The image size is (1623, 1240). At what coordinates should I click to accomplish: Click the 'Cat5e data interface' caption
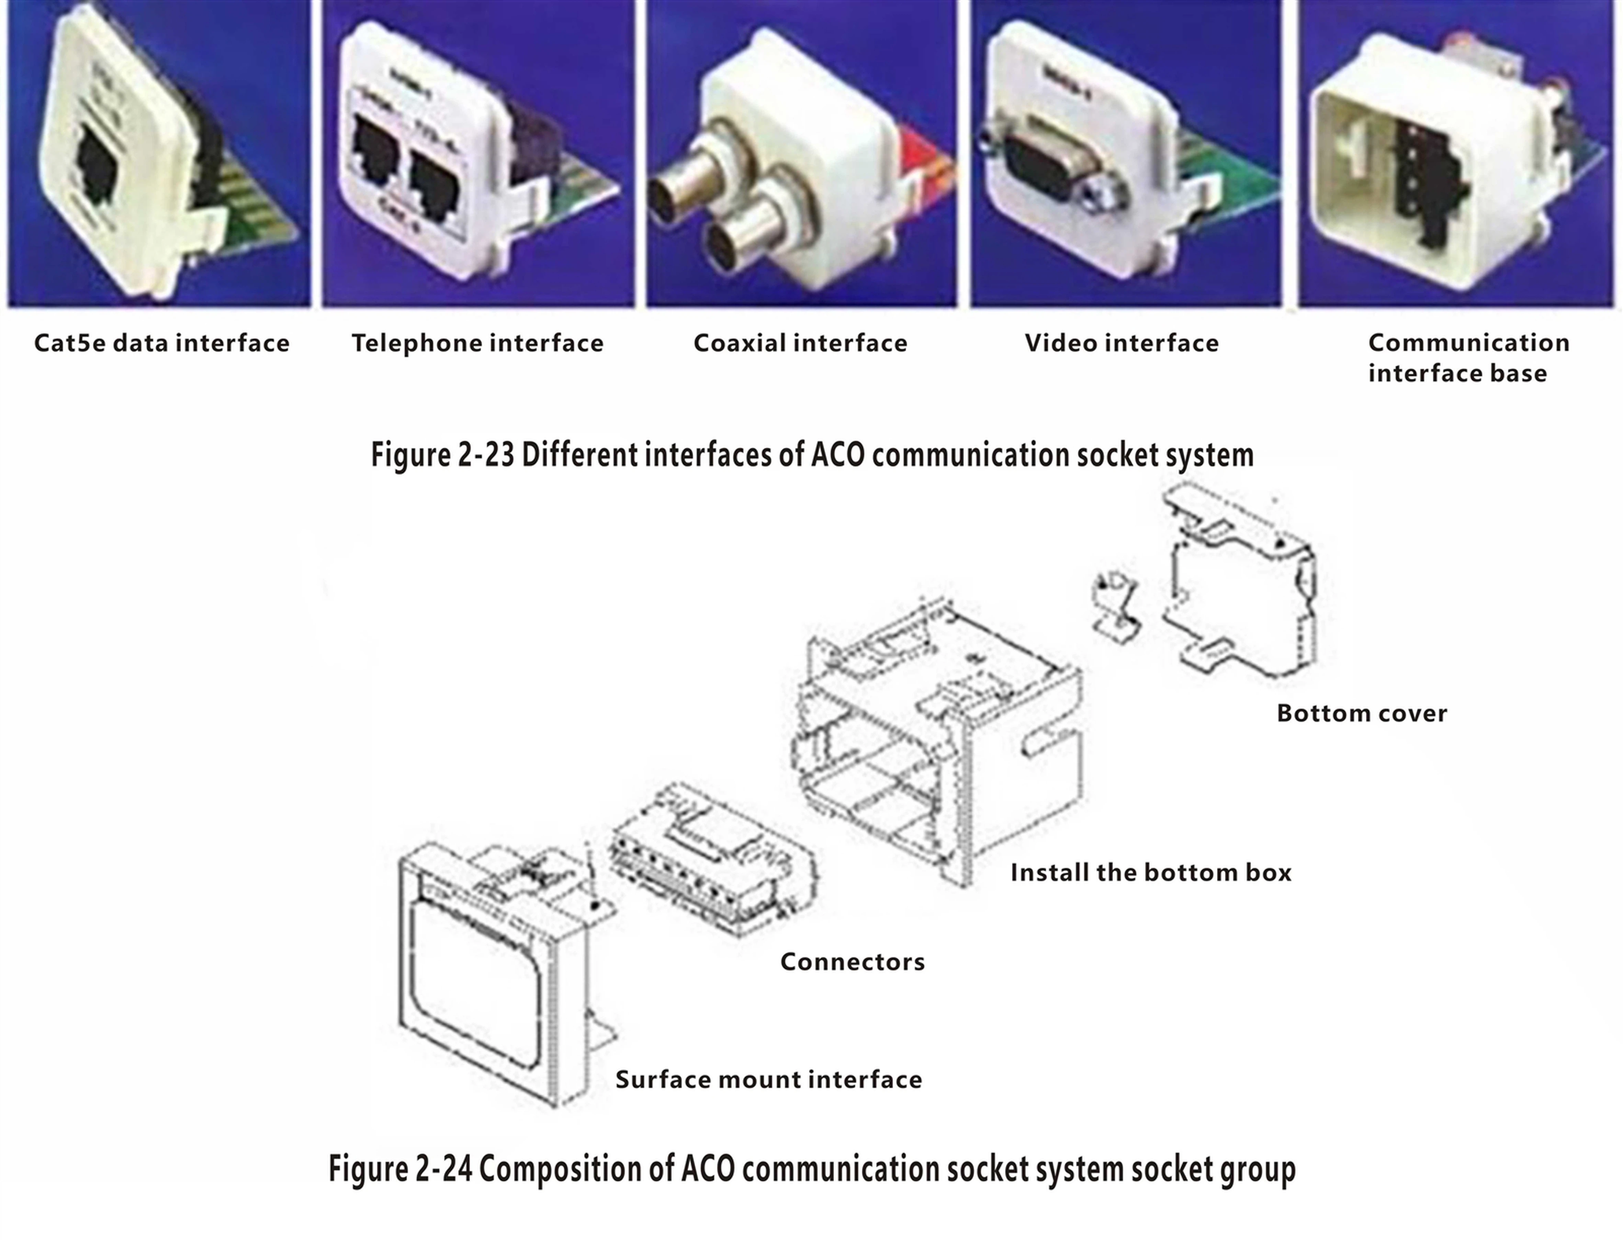(x=162, y=343)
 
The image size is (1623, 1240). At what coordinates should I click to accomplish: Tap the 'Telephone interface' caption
(x=477, y=343)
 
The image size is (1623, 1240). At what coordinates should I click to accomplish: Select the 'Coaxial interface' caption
(x=800, y=343)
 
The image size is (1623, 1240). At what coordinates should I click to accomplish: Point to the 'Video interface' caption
(x=1122, y=343)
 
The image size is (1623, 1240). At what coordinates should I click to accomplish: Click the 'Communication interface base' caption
(x=1468, y=358)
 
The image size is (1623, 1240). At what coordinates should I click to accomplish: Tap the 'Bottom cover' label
(x=1362, y=713)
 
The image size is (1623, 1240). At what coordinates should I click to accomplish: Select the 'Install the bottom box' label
(x=1150, y=872)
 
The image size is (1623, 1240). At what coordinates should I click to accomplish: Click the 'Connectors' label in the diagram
(x=852, y=962)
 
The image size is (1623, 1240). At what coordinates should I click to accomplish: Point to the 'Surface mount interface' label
(x=769, y=1080)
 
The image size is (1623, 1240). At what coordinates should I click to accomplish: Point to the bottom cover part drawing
(x=1240, y=583)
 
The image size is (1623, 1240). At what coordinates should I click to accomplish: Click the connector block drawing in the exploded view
(x=712, y=860)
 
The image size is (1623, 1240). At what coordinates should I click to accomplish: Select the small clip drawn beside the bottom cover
(x=1115, y=605)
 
